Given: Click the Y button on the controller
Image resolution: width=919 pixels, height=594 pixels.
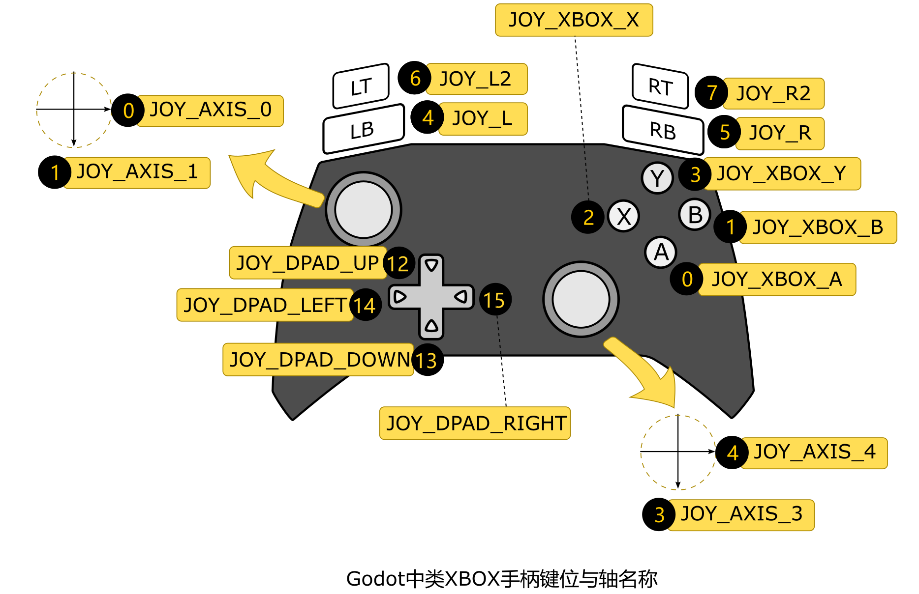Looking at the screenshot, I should [657, 178].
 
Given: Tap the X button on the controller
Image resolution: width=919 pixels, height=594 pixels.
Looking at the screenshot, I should [623, 216].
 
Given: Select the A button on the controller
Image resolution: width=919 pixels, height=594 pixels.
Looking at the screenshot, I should [661, 253].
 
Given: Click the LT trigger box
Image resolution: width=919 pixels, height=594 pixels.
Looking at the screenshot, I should [361, 86].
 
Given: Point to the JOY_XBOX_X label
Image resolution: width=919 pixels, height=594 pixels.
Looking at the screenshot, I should [574, 20].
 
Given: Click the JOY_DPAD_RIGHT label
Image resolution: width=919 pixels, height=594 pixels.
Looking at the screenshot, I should [475, 423].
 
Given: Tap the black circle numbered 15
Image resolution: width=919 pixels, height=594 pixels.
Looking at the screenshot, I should [494, 300].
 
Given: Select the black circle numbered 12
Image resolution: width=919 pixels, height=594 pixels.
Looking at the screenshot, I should [398, 263].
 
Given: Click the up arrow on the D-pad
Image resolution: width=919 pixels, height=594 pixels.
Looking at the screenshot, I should [431, 266].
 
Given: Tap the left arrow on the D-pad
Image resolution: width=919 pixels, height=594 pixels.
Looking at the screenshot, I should [400, 297].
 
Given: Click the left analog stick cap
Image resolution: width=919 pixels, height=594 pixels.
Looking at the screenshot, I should [363, 210].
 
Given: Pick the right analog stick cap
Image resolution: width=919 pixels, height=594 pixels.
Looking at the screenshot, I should [581, 299].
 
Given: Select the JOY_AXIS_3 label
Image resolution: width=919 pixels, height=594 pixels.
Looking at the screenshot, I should [740, 514].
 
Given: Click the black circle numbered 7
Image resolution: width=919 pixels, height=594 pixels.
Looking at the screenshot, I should [711, 92].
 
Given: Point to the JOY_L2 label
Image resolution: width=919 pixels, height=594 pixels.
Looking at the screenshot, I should [476, 79].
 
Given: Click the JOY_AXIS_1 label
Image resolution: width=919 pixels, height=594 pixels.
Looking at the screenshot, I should [137, 172].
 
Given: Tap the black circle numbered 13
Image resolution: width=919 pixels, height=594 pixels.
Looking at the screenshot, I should [427, 360].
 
